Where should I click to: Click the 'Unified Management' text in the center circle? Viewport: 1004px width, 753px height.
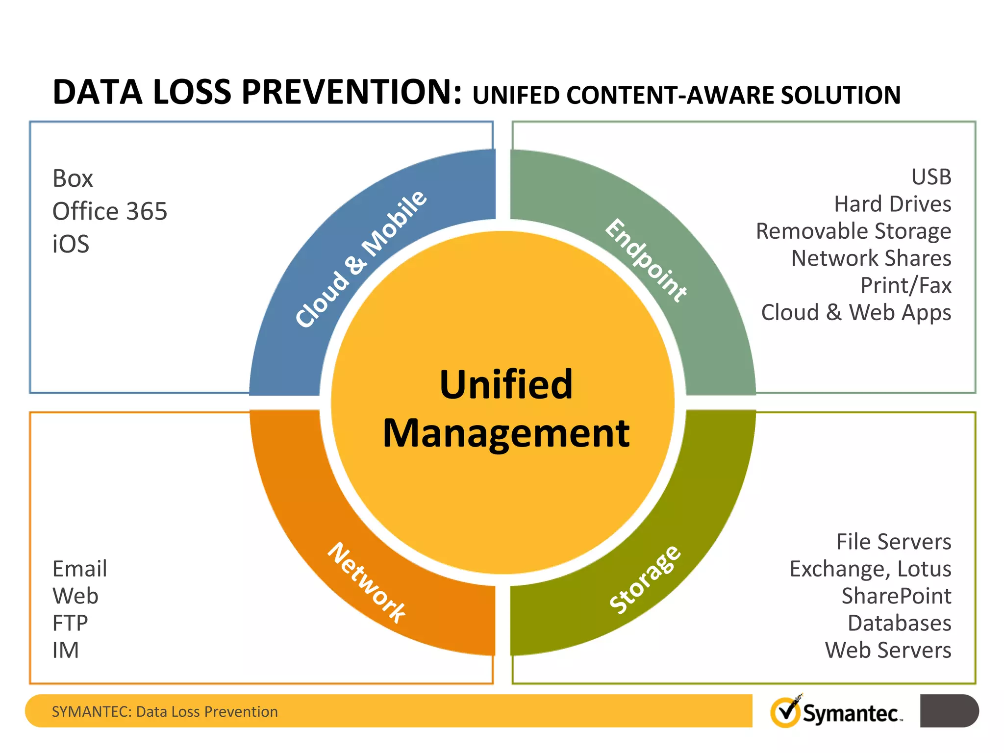(506, 408)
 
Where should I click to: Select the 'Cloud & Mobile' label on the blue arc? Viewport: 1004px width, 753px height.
(361, 258)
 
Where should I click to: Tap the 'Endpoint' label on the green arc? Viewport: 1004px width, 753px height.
(646, 260)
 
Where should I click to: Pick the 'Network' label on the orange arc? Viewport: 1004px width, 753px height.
(367, 582)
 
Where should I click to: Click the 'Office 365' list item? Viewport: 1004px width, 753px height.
(110, 211)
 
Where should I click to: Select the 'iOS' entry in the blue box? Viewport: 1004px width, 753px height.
(71, 244)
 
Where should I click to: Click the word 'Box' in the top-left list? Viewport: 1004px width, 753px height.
(73, 178)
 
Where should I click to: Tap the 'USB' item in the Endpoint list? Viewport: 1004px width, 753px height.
(931, 177)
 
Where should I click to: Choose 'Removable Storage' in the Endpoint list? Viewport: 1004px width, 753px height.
(853, 231)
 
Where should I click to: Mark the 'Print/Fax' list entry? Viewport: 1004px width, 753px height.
(905, 285)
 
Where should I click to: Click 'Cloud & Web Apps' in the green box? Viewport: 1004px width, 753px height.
(856, 313)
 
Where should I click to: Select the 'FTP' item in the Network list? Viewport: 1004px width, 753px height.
(70, 623)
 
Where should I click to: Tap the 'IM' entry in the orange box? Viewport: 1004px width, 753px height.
(65, 651)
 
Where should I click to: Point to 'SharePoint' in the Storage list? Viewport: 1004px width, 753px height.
(896, 596)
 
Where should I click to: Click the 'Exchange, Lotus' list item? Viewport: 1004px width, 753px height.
(870, 569)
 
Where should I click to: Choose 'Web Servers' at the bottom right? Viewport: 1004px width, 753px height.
(888, 651)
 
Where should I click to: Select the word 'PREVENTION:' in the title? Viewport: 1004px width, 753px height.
(351, 92)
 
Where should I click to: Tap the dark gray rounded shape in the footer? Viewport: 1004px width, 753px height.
(949, 711)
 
